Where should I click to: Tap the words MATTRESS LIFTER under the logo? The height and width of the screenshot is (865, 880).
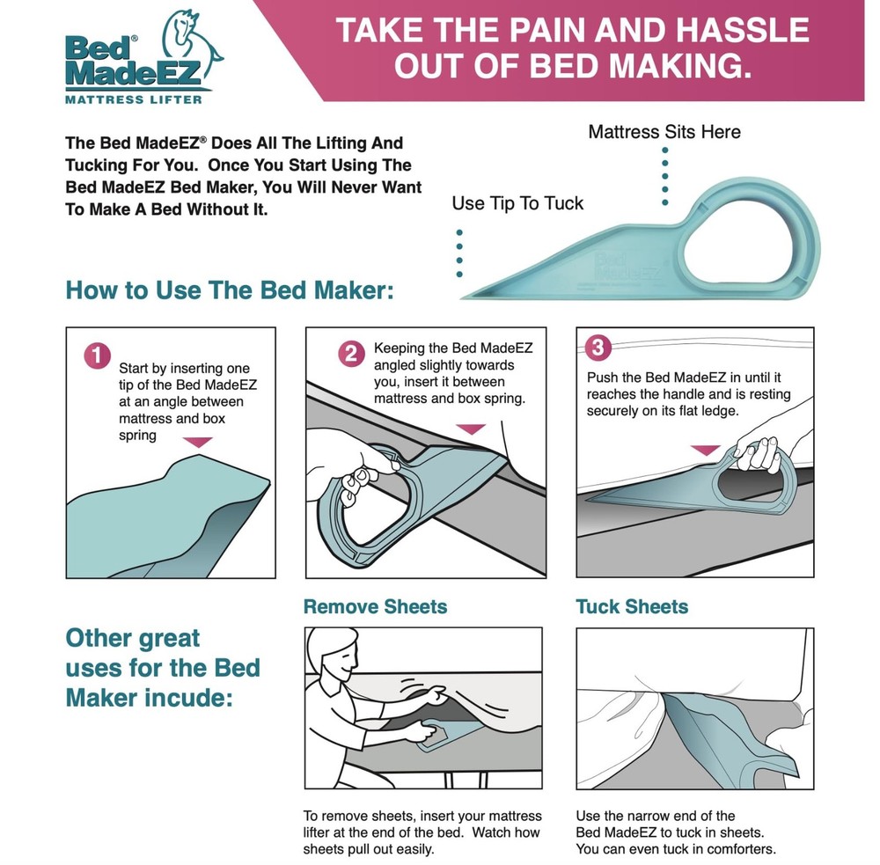pos(134,100)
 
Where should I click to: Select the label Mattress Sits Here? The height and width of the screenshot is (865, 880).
pos(664,132)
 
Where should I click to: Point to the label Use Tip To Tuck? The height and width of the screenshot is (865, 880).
pos(517,203)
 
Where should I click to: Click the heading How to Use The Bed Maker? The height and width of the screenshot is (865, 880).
pos(230,290)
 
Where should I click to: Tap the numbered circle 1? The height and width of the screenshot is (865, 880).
pos(97,356)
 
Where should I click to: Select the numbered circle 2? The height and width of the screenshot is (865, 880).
pos(351,354)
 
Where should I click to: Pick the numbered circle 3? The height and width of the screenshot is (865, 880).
pos(598,347)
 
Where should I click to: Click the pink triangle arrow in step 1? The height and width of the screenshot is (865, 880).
pos(197,443)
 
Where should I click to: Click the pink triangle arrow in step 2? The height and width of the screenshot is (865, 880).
pos(470,429)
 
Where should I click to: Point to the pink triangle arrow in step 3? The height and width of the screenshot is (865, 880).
pos(706,450)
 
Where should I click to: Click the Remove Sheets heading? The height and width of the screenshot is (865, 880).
pos(375,607)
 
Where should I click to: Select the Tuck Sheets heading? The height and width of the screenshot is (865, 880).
pos(632,607)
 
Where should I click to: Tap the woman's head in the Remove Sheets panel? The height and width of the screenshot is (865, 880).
pos(334,650)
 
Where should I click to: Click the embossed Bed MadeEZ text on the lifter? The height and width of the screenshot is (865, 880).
pos(626,266)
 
